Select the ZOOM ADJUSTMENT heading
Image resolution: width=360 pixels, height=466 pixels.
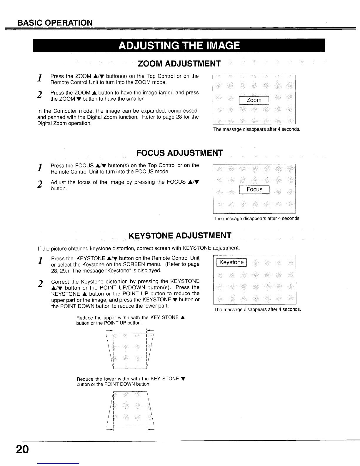[179, 64]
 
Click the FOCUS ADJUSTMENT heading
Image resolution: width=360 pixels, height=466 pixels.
[179, 153]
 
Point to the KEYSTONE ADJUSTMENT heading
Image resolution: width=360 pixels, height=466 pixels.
[180, 236]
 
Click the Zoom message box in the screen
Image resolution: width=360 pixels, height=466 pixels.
[254, 100]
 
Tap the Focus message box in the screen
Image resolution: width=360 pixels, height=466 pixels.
[254, 189]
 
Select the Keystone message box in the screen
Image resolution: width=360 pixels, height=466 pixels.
[232, 262]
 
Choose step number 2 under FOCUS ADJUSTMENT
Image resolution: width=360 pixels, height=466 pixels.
[39, 184]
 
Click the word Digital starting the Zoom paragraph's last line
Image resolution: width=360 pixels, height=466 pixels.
[44, 123]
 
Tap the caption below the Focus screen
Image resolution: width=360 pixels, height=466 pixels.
[257, 219]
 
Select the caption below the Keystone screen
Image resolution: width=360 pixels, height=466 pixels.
[257, 309]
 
